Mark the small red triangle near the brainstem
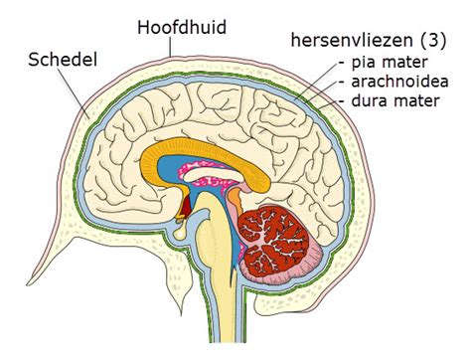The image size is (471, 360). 184,208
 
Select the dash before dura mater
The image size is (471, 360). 342,99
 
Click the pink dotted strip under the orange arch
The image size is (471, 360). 216,181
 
